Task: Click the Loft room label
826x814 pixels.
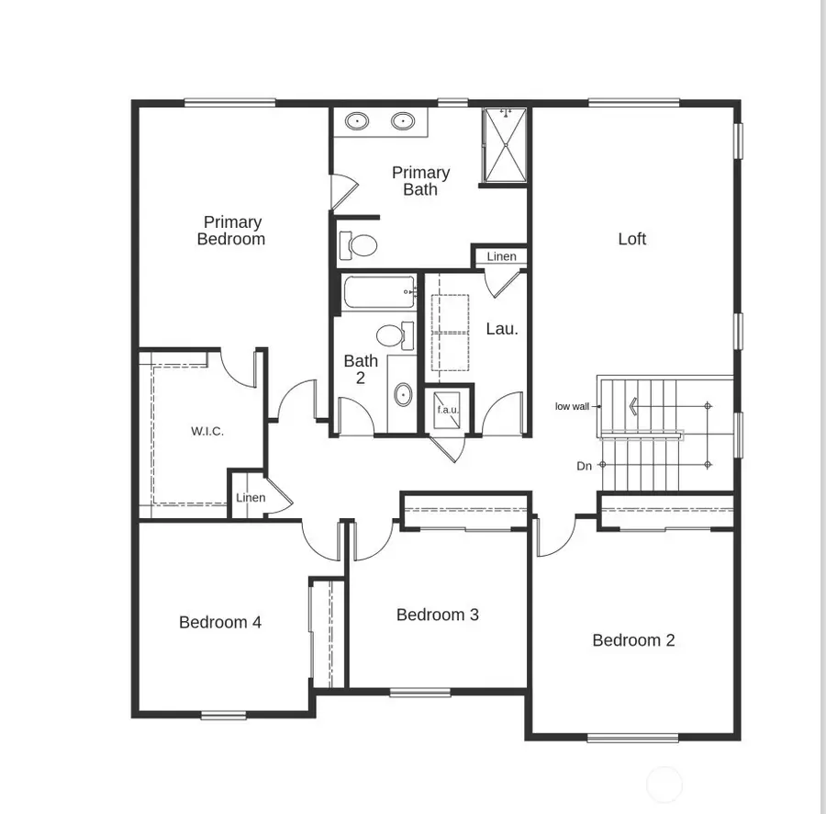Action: (x=631, y=239)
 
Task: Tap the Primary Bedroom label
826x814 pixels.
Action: (x=232, y=231)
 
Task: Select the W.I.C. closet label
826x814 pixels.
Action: (x=207, y=431)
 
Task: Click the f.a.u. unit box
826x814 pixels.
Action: (x=447, y=410)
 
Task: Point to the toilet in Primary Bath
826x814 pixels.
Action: (x=359, y=245)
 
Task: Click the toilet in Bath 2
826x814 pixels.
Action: (x=395, y=334)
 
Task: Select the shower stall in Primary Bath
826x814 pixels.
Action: (x=506, y=145)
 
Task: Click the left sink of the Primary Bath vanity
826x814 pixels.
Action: (x=356, y=120)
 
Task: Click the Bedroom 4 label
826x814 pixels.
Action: (x=220, y=622)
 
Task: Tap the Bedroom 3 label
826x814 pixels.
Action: (x=438, y=615)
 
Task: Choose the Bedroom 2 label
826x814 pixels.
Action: (x=633, y=640)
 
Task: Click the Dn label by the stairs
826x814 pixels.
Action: (x=584, y=466)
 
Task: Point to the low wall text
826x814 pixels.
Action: (x=572, y=406)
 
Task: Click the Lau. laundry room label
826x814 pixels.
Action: (x=502, y=328)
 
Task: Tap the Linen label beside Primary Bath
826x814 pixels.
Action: (x=501, y=256)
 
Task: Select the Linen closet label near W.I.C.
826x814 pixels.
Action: (x=251, y=498)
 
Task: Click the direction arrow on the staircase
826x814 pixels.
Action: (x=632, y=405)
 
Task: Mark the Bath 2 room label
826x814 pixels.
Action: (x=361, y=368)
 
